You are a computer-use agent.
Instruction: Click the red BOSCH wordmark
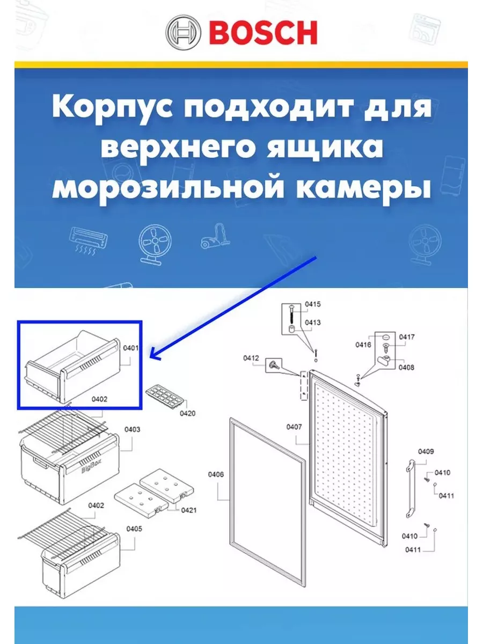263,33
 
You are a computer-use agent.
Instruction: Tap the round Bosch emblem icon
183,32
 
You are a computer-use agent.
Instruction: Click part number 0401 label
130,348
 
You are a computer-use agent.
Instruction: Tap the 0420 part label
187,413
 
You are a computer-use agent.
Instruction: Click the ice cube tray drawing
165,395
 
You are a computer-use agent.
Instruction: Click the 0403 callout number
132,429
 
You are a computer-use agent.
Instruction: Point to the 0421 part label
188,510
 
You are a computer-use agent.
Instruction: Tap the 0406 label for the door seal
216,474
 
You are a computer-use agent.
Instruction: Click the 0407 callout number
294,427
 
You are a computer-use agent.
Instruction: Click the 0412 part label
251,358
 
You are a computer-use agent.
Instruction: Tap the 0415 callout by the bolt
313,304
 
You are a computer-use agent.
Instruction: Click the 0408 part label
406,367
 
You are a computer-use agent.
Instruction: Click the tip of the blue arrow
150,357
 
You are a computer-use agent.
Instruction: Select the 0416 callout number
363,345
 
